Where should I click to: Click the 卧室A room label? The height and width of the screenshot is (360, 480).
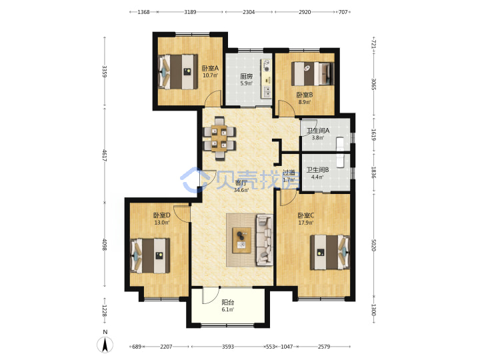210,68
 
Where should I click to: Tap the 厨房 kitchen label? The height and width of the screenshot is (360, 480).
247,76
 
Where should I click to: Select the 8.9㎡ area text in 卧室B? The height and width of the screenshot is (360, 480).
305,102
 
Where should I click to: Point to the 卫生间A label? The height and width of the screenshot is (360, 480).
318,131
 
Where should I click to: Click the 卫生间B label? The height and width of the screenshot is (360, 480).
318,169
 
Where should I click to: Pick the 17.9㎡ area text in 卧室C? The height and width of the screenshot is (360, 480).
306,223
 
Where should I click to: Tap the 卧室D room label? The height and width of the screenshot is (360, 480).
161,215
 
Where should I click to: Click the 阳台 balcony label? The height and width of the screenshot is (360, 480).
228,303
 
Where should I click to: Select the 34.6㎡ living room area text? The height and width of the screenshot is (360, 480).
241,190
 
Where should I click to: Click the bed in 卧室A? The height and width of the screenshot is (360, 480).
177,72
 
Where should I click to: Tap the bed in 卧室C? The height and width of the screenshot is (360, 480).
330,252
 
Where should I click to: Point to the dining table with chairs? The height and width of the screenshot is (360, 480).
219,138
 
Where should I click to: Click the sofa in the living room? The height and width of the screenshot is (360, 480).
265,240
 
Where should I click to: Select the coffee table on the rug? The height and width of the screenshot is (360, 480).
241,240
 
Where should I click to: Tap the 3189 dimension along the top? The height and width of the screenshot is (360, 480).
190,12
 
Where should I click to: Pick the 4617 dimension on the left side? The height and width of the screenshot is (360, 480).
105,155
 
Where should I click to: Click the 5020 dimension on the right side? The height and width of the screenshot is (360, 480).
373,245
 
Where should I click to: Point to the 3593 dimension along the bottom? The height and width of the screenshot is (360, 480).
228,347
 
